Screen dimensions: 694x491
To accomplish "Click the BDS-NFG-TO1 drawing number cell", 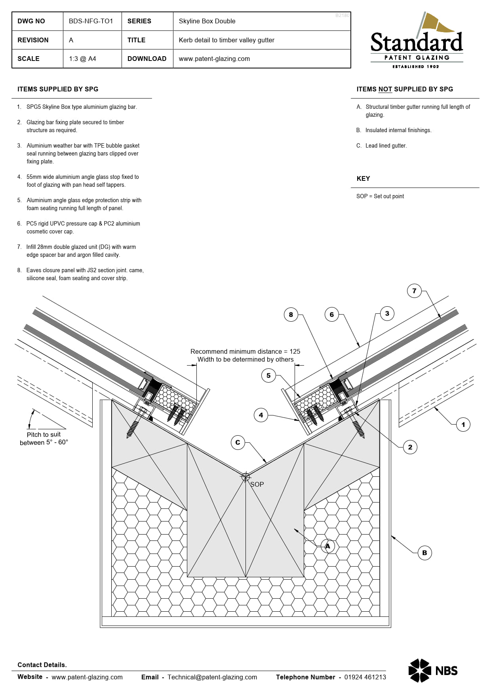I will pyautogui.click(x=91, y=21).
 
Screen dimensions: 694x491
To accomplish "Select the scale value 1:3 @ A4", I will pyautogui.click(x=83, y=59).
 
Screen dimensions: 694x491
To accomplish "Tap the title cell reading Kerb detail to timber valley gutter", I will pyautogui.click(x=226, y=40).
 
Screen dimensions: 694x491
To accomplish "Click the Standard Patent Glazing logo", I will pyautogui.click(x=417, y=41).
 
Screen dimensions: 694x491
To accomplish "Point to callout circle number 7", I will pyautogui.click(x=414, y=291).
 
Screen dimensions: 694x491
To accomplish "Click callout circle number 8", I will pyautogui.click(x=291, y=315).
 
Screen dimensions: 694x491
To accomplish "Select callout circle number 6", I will pyautogui.click(x=331, y=315).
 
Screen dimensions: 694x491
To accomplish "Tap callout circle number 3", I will pyautogui.click(x=387, y=313).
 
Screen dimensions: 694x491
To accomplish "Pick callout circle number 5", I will pyautogui.click(x=268, y=375).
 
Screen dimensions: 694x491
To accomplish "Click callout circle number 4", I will pyautogui.click(x=261, y=415).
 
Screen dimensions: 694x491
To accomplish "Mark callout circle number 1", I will pyautogui.click(x=463, y=425).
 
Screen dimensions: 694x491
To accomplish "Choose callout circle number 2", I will pyautogui.click(x=410, y=447).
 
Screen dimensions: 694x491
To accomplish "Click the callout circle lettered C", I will pyautogui.click(x=238, y=442).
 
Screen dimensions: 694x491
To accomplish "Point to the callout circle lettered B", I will pyautogui.click(x=424, y=553).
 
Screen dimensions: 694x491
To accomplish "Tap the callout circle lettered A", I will pyautogui.click(x=327, y=546).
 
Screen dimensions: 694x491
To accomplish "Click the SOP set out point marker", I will pyautogui.click(x=246, y=477).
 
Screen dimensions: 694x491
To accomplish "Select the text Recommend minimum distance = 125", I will pyautogui.click(x=245, y=351).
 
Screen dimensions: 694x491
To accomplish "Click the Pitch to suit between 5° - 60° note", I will pyautogui.click(x=44, y=438).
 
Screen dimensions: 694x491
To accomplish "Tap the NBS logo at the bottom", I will pyautogui.click(x=433, y=670).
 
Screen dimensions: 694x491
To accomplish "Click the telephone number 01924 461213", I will pyautogui.click(x=365, y=677).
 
